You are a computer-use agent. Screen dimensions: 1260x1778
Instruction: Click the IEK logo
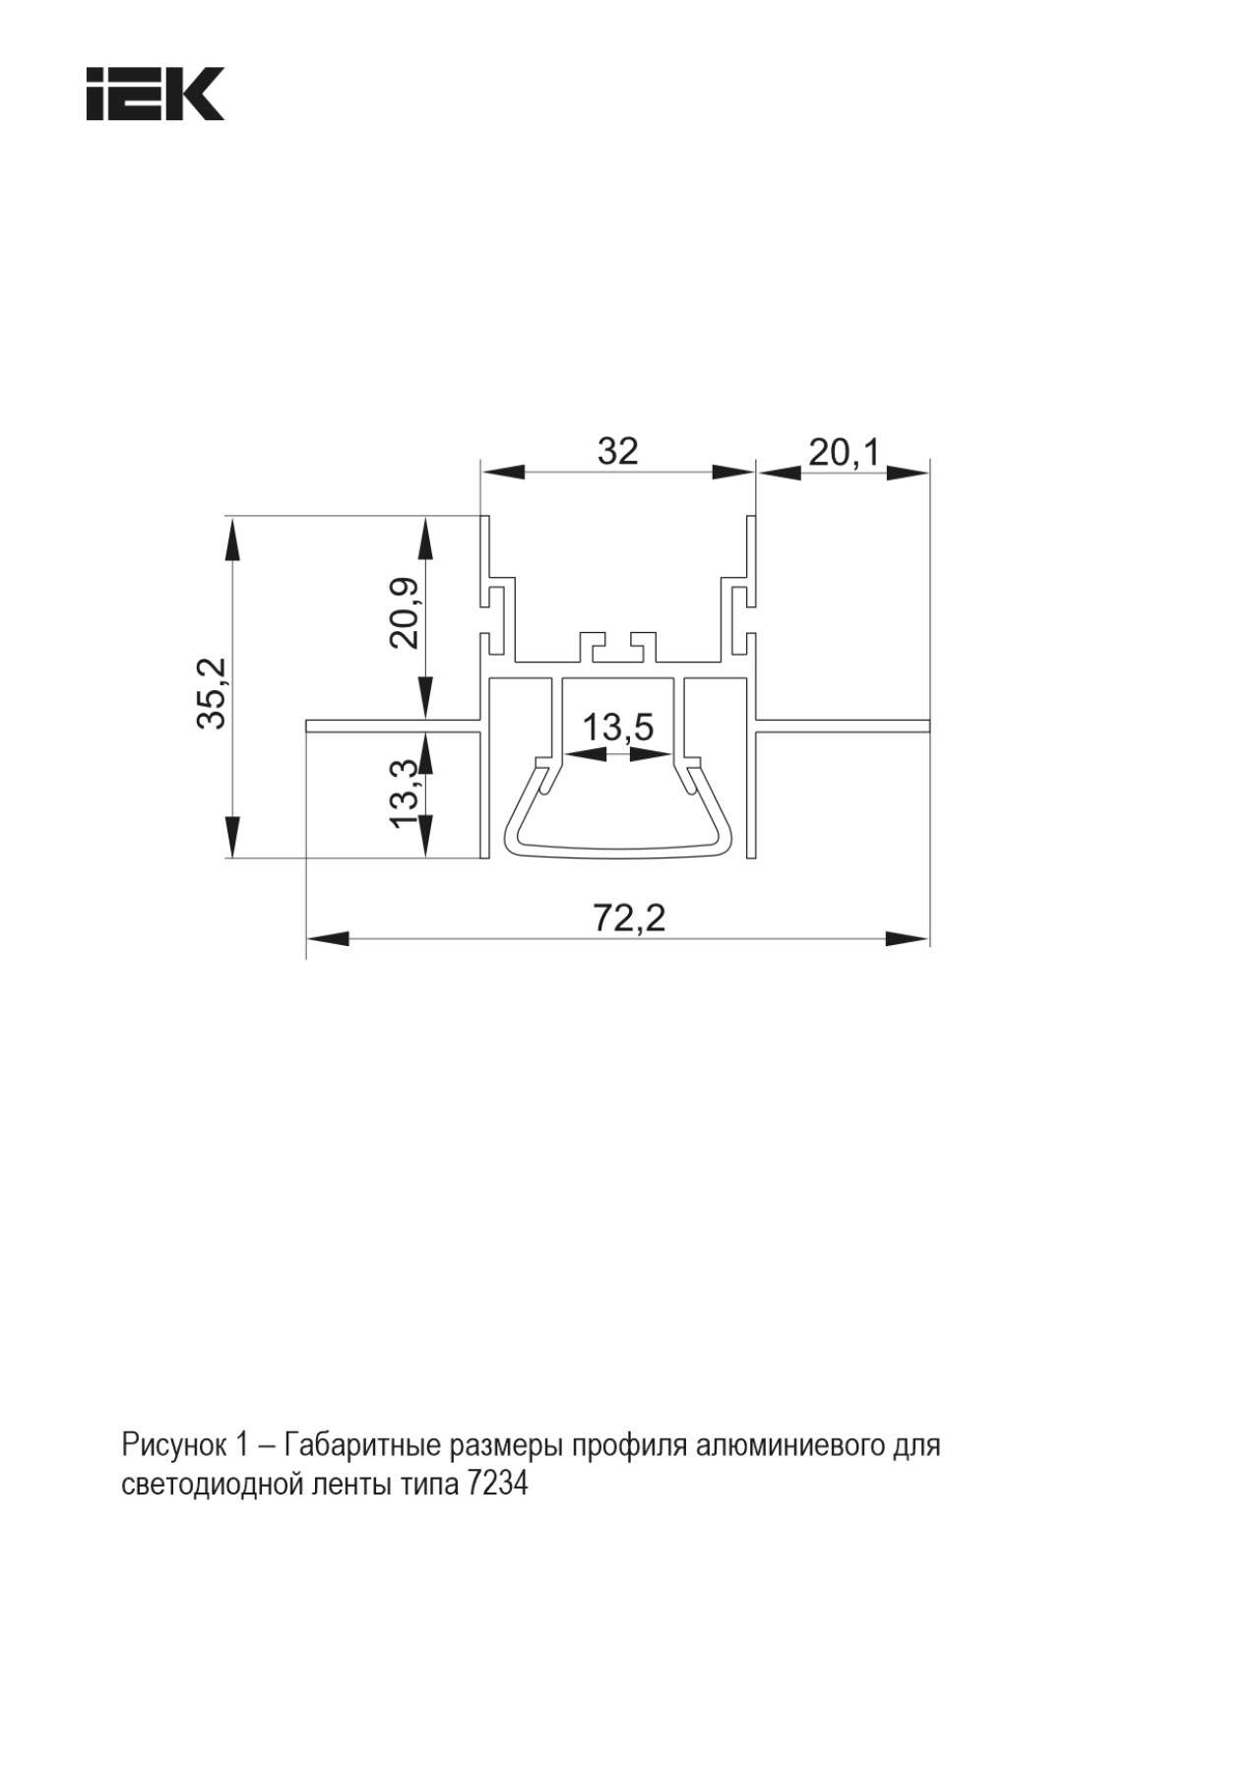[x=156, y=94]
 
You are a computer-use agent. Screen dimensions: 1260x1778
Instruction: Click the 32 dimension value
[x=618, y=451]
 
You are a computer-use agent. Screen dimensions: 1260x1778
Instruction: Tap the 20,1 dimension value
[x=844, y=453]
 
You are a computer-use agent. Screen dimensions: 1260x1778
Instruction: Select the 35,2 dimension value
[x=212, y=692]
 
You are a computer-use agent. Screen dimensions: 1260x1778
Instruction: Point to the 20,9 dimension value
[x=405, y=612]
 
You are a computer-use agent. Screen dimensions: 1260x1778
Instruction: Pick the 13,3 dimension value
[x=405, y=793]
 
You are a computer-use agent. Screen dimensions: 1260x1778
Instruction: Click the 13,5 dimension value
[x=617, y=729]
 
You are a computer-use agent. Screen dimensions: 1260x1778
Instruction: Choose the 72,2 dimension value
[x=629, y=918]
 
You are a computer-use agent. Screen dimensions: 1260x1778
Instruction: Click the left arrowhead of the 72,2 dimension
[x=328, y=938]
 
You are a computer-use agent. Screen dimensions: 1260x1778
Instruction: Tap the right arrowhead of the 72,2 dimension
[x=908, y=938]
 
